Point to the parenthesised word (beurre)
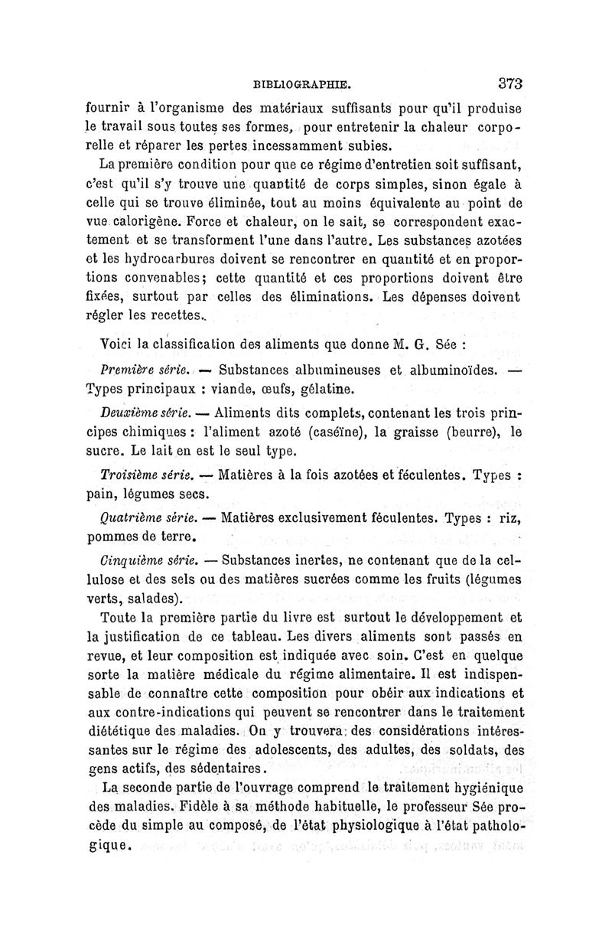click(x=463, y=434)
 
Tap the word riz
click(x=509, y=517)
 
